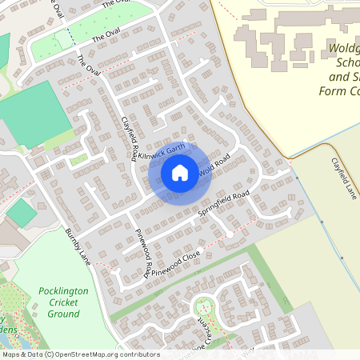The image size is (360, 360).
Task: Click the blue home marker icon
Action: pyautogui.click(x=180, y=172)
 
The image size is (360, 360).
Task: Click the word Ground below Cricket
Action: pyautogui.click(x=63, y=314)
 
